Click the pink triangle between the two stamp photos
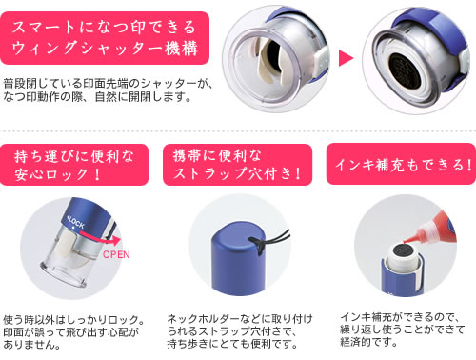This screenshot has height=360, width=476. point(346,58)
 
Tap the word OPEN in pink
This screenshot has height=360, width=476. point(116,254)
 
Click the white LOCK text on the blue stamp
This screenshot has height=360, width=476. point(76,222)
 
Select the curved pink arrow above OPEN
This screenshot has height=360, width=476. point(101,239)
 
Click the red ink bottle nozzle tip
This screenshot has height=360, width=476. point(406,241)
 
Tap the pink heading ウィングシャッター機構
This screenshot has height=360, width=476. point(106,49)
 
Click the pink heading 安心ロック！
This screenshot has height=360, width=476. point(58,174)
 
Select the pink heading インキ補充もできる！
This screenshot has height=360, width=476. point(404,165)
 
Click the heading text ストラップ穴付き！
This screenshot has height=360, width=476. point(237,173)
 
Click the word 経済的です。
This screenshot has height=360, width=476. point(368,342)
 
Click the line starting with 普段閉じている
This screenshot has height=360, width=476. point(108,83)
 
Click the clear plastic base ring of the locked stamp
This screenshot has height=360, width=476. point(64,276)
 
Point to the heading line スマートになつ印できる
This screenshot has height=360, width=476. point(104,27)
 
